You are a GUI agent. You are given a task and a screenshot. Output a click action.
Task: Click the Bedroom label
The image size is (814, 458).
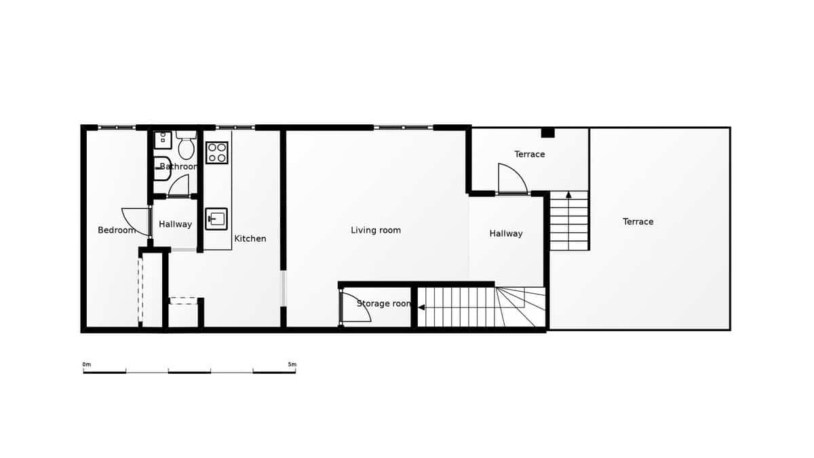click(117, 230)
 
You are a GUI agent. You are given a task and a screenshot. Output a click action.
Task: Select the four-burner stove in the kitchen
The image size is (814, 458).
click(217, 153)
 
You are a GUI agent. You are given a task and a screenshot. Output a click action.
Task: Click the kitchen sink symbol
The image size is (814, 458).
click(216, 219)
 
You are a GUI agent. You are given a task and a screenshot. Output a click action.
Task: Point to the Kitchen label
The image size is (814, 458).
click(250, 239)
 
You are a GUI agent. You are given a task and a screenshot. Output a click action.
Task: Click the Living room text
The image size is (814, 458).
click(376, 230)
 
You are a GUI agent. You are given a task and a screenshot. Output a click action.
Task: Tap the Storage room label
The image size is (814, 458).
click(384, 303)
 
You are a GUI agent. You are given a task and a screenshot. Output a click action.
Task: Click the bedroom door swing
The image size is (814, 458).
click(136, 222)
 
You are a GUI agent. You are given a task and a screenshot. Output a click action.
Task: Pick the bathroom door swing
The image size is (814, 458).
click(179, 185)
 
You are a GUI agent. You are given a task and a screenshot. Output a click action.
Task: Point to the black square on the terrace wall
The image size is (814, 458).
click(547, 133)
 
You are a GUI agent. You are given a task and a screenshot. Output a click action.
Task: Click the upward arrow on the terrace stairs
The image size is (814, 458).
click(568, 195)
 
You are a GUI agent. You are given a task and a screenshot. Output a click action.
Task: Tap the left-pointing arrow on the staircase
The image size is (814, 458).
click(421, 307)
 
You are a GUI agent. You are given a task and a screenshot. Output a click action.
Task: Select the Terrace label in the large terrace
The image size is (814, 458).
click(638, 222)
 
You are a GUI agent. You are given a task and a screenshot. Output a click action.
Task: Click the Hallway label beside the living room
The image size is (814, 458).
click(506, 233)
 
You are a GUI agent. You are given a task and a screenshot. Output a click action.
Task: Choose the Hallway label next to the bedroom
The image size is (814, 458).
click(176, 224)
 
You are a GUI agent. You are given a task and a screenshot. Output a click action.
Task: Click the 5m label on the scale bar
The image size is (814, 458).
click(292, 364)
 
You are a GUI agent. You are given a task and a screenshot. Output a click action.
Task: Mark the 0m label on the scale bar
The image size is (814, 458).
click(87, 364)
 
